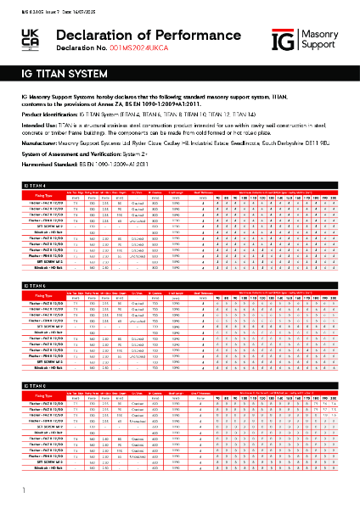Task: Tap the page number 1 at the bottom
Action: coord(12,490)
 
